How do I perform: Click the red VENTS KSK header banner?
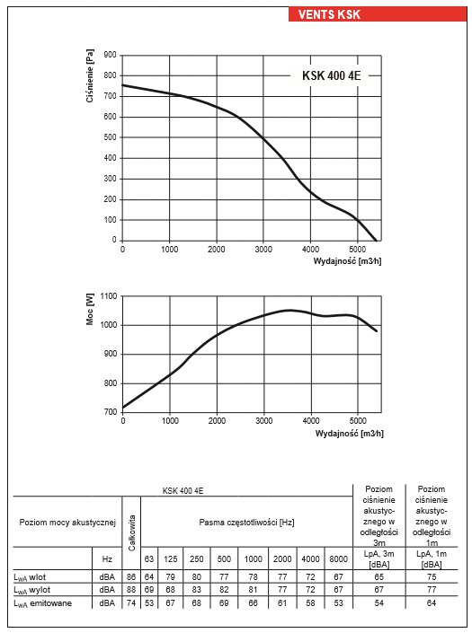point(378,14)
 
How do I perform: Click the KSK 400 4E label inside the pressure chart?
point(332,75)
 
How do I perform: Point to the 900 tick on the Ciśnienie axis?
point(110,55)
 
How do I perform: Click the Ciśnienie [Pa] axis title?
point(90,76)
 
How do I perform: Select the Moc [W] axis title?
point(90,309)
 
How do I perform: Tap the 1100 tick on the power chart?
point(108,296)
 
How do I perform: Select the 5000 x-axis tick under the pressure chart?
point(357,249)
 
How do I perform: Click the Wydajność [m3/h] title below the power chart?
point(349,434)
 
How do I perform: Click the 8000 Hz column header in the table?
point(338,558)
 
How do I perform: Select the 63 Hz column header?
point(149,558)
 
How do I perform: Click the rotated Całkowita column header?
point(132,532)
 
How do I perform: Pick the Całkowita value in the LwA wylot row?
point(131,590)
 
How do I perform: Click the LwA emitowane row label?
point(43,603)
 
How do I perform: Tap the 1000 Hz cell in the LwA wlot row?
point(253,577)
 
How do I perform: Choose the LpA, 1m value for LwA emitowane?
point(432,603)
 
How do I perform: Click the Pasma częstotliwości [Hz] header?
point(246,523)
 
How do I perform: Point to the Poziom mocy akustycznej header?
point(67,523)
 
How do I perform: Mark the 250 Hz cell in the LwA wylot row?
point(196,590)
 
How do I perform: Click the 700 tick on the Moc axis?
point(110,412)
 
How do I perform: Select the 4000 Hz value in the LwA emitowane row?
point(310,603)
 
